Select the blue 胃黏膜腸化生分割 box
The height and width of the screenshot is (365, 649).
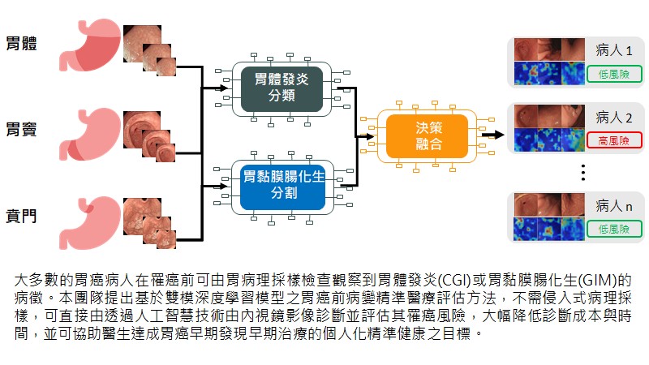tap(281, 185)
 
